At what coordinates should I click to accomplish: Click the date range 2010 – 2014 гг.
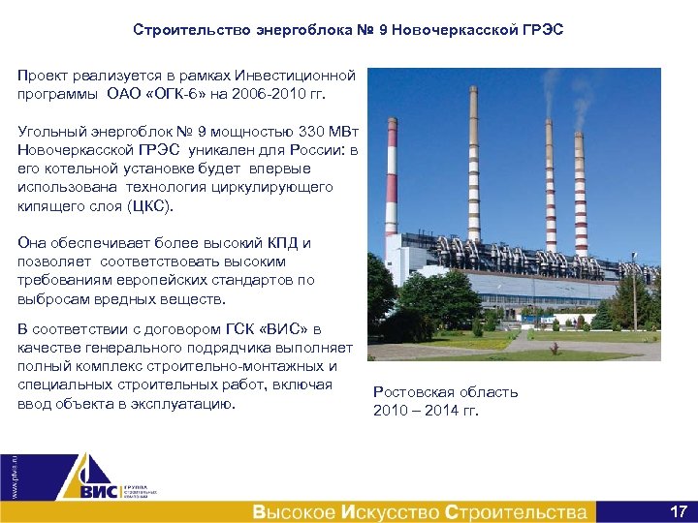tap(426, 411)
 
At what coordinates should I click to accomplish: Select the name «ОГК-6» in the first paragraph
tap(165, 94)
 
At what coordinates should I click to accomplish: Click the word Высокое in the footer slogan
tap(295, 511)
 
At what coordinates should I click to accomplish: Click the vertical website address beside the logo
tap(13, 475)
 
